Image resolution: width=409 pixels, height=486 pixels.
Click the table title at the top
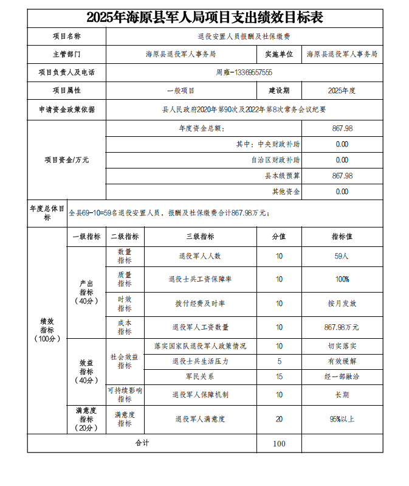click(x=204, y=18)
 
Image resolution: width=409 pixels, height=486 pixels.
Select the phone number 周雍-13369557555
click(x=244, y=72)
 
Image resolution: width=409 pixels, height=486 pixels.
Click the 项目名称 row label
click(x=67, y=36)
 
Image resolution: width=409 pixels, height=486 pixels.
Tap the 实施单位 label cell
click(x=279, y=54)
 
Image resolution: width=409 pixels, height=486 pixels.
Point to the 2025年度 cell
click(x=342, y=91)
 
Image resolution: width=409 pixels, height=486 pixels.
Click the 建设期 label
click(x=279, y=91)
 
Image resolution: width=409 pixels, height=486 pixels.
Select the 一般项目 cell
click(x=180, y=91)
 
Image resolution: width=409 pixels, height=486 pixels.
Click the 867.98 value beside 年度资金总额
click(x=342, y=128)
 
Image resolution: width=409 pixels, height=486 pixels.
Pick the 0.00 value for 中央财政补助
click(x=342, y=144)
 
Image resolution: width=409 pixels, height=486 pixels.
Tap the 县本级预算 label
click(x=282, y=176)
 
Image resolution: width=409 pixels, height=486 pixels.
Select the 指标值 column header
click(x=342, y=237)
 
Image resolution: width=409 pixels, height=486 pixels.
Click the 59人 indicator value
click(x=342, y=256)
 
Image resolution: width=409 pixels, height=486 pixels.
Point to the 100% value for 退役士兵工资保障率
click(x=342, y=279)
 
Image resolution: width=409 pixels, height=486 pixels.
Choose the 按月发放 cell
click(x=342, y=303)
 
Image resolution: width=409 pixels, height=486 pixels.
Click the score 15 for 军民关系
click(x=279, y=377)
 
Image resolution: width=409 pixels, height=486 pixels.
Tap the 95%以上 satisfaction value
click(x=342, y=419)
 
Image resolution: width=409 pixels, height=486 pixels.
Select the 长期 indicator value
click(x=342, y=395)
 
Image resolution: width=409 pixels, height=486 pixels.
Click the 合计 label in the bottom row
click(x=142, y=443)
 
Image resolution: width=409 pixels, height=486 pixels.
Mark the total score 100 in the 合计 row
click(x=279, y=443)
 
